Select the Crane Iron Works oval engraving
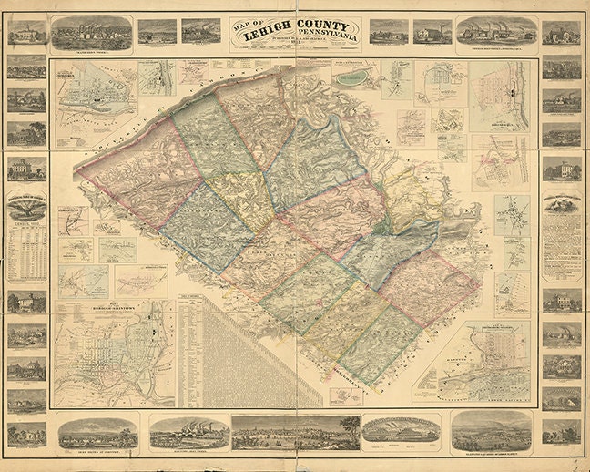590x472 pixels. pos(91,33)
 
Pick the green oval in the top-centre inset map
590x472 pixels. pos(350,78)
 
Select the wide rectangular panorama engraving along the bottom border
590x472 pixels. pos(295,432)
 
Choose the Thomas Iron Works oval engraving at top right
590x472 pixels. pos(496,32)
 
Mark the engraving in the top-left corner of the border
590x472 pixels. pos(27,33)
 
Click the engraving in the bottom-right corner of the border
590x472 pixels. pos(561,431)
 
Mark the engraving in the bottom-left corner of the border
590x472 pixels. pos(27,432)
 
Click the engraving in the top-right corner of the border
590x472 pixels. pos(561,33)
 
